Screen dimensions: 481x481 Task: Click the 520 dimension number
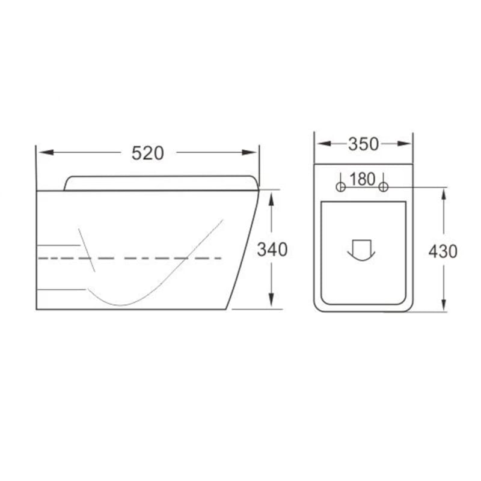coord(147,153)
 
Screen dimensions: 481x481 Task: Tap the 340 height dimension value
coord(272,250)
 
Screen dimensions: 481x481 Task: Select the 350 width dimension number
coord(364,144)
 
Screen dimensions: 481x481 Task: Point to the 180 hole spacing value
coord(363,179)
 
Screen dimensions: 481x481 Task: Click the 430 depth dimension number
coord(443,251)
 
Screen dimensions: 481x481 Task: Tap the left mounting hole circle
coord(341,186)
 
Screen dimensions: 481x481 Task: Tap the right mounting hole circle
coord(384,186)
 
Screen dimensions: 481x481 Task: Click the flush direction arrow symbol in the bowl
coord(361,250)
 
